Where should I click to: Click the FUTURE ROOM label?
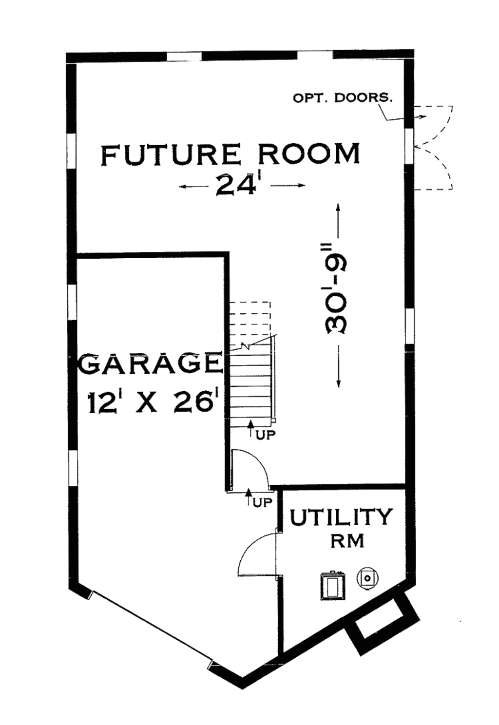pos(230,154)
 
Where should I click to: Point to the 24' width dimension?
pos(236,185)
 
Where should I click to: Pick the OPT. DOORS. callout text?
pos(342,97)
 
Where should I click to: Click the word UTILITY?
pos(341,517)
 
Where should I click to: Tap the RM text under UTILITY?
pos(347,541)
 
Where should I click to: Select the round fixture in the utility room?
pos(367,578)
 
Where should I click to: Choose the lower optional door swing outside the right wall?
pos(435,171)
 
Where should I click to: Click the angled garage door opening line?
pos(151,629)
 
